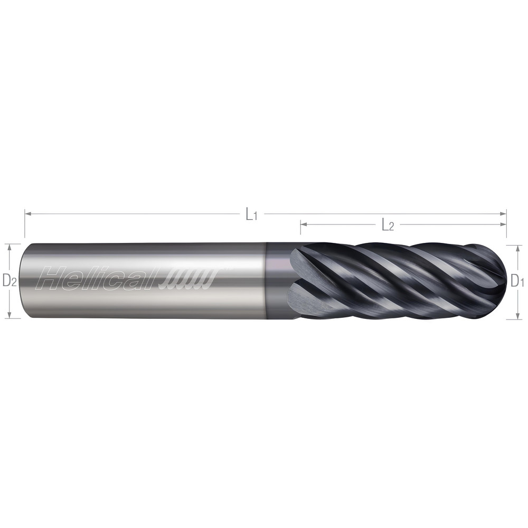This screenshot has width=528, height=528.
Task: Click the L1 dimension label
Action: click(250, 214)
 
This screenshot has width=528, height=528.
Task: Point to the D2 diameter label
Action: click(10, 281)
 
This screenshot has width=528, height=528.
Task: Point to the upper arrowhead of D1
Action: click(511, 248)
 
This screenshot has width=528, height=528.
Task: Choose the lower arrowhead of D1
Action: click(511, 316)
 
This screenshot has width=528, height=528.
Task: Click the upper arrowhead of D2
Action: click(9, 247)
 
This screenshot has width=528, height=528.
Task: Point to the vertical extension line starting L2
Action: click(300, 232)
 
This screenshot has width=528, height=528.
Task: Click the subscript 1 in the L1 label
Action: click(255, 217)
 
